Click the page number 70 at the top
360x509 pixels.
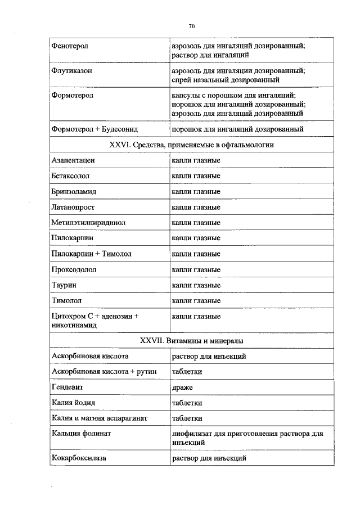pyautogui.click(x=192, y=26)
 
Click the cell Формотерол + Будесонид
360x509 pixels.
pyautogui.click(x=94, y=129)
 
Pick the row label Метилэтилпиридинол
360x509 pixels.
pyautogui.click(x=88, y=223)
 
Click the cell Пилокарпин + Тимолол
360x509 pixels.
pyautogui.click(x=91, y=254)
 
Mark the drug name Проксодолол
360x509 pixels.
pyautogui.click(x=74, y=269)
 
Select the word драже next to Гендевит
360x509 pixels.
pyautogui.click(x=182, y=388)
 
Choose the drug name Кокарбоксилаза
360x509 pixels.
pyautogui.click(x=79, y=458)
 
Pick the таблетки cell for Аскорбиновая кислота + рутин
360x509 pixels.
pyautogui.click(x=187, y=372)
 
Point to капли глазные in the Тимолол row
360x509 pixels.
pyautogui.click(x=196, y=301)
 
